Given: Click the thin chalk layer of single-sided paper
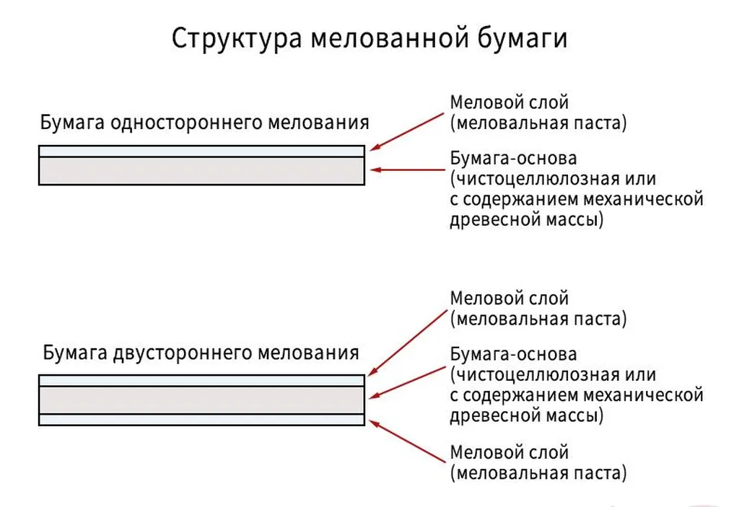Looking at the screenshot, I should tap(201, 151).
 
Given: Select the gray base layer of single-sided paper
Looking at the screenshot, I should tap(201, 171).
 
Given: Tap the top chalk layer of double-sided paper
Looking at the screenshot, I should tap(201, 381).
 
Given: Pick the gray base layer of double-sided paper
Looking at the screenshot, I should tap(201, 400).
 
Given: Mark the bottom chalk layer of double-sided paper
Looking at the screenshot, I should tap(201, 420).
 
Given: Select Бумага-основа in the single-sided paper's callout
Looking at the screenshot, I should tap(513, 158).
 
